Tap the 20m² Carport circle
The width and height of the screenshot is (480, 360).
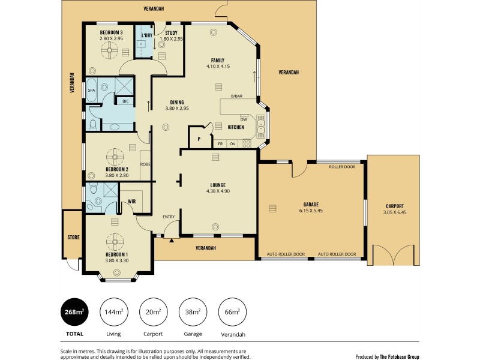(153, 311)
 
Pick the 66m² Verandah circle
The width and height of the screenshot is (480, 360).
(232, 311)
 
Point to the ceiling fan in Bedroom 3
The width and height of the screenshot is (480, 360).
(111, 53)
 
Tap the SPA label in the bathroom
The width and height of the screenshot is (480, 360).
(92, 90)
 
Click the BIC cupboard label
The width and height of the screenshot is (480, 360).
(125, 101)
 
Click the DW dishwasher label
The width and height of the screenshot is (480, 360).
(244, 118)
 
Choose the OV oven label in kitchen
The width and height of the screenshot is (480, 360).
(232, 144)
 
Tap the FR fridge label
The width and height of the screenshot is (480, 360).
(220, 144)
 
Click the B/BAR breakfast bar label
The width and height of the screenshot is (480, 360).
(236, 96)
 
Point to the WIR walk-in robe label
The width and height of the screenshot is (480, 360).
(131, 202)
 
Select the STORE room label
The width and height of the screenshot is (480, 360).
(73, 238)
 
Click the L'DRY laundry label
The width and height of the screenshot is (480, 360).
(146, 35)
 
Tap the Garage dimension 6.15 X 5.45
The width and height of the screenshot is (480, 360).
(311, 211)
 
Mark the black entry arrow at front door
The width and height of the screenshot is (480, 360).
(172, 240)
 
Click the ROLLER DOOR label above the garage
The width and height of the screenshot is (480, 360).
(342, 167)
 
